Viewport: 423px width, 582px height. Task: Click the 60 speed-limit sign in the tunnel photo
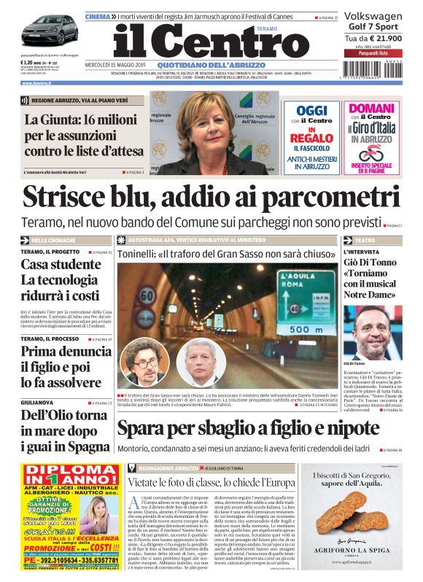click(147, 296)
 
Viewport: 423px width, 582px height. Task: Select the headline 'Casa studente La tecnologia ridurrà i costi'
click(60, 280)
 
